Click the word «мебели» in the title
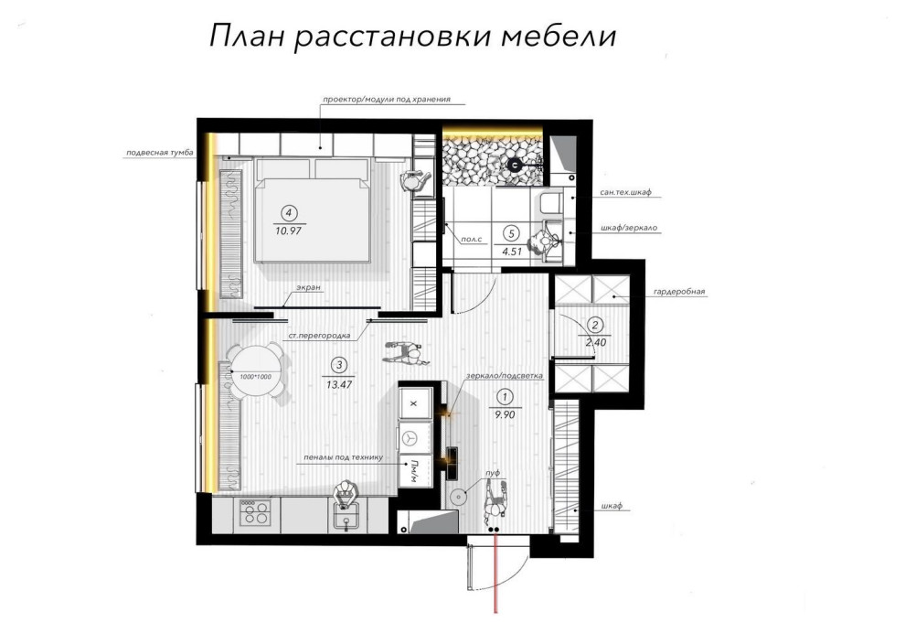[x=559, y=37]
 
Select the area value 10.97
[x=290, y=231]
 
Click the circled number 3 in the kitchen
[x=339, y=365]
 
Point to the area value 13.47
[x=339, y=383]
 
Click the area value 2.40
[x=596, y=342]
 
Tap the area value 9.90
[x=505, y=414]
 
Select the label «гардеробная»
[x=679, y=292]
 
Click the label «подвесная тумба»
[x=159, y=153]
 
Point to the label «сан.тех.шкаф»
[x=625, y=192]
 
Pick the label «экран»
[x=309, y=287]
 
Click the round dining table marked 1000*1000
[x=256, y=370]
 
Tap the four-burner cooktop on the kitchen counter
[x=255, y=511]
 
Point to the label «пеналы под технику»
[x=344, y=458]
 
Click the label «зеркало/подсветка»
[x=505, y=376]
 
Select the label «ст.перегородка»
[x=320, y=336]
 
